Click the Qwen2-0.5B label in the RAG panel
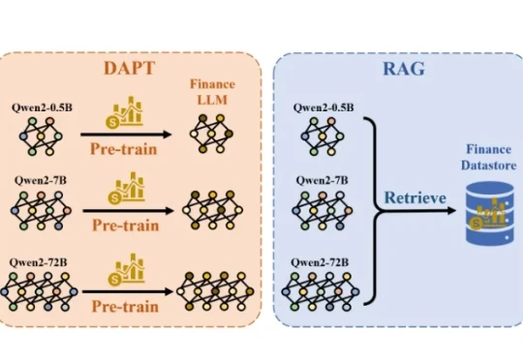(x=321, y=105)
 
